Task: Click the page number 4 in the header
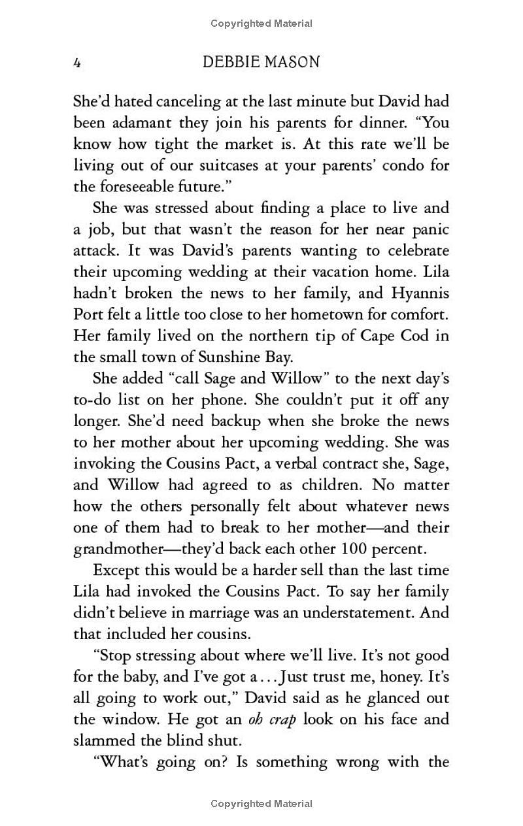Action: tap(77, 63)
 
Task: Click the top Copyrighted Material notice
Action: tap(261, 24)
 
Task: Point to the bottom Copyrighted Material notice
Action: tap(261, 804)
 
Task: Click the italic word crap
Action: tap(278, 719)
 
